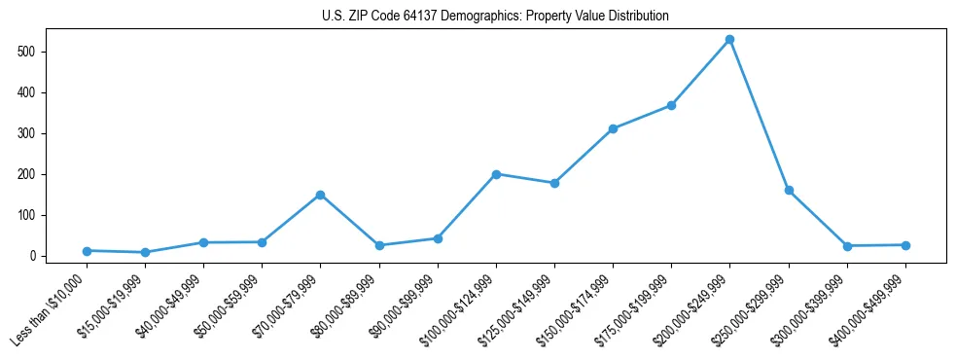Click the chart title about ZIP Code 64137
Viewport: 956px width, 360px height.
pos(495,17)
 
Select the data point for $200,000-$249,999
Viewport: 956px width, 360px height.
pos(729,40)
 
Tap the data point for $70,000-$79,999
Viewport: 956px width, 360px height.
pos(320,195)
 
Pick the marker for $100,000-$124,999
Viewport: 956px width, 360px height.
pos(496,174)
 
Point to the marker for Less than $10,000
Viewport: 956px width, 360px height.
pos(87,251)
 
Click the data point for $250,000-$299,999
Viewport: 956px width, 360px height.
pos(789,191)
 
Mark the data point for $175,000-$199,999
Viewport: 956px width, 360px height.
pos(671,105)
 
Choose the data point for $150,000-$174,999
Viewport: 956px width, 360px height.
pos(613,128)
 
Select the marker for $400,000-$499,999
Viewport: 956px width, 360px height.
pos(905,245)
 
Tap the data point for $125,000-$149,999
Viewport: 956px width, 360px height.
pos(554,183)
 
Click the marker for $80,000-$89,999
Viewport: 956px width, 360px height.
pos(379,245)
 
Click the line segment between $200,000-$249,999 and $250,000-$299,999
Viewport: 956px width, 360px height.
pos(760,116)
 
